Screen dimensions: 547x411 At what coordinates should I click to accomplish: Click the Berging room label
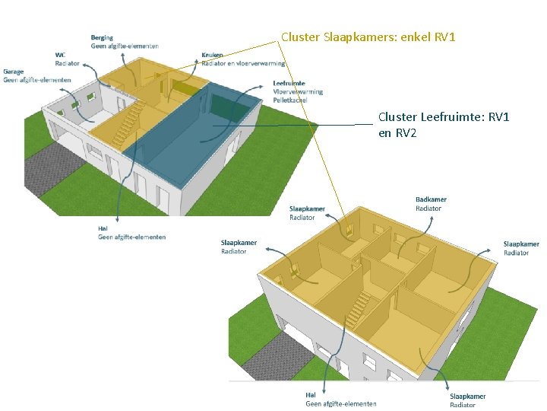tap(103, 37)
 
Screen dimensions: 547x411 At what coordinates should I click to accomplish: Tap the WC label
tap(60, 55)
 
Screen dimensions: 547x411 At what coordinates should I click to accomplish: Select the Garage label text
tap(14, 72)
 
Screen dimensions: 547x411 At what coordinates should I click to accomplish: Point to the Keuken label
tap(213, 55)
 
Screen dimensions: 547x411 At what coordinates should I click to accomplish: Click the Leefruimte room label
tap(289, 83)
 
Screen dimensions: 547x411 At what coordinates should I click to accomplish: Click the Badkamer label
tap(431, 199)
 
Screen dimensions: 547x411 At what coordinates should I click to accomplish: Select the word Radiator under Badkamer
tap(428, 208)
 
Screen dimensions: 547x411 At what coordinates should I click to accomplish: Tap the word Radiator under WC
tap(68, 63)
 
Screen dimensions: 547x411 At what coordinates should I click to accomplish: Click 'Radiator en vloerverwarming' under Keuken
tap(243, 63)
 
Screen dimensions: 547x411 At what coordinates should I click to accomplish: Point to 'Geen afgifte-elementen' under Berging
tap(125, 46)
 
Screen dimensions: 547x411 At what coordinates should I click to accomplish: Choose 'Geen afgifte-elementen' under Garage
tap(37, 80)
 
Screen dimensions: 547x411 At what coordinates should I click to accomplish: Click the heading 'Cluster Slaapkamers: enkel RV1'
tap(368, 37)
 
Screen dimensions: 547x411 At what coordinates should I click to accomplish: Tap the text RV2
tap(406, 133)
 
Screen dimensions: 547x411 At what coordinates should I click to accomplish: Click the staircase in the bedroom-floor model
tap(356, 312)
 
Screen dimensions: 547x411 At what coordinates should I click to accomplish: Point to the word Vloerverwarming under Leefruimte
tap(298, 91)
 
